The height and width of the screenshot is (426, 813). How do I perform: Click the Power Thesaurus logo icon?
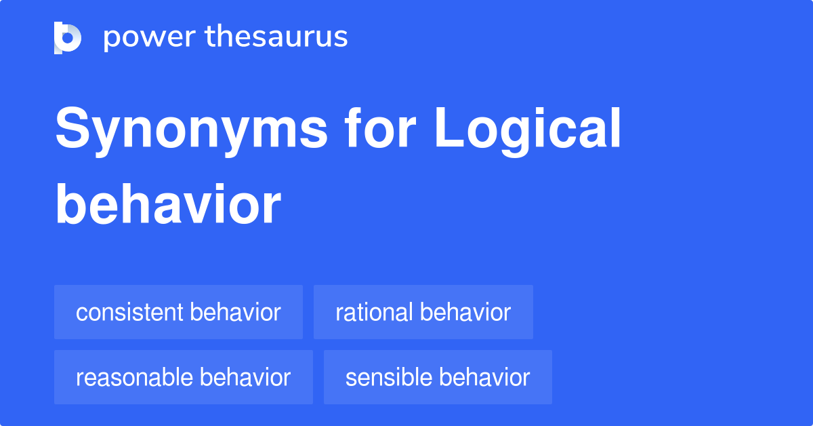pyautogui.click(x=68, y=37)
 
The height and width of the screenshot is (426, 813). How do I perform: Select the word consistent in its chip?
pyautogui.click(x=129, y=313)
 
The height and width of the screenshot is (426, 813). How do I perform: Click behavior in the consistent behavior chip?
pyautogui.click(x=235, y=313)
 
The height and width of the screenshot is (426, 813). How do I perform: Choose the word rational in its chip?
pyautogui.click(x=374, y=313)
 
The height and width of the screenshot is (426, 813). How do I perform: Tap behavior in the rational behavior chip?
pyautogui.click(x=465, y=313)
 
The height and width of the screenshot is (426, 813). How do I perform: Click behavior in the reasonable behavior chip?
pyautogui.click(x=245, y=378)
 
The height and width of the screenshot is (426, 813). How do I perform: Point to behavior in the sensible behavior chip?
pyautogui.click(x=484, y=378)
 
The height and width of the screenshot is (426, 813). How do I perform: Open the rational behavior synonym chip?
pyautogui.click(x=423, y=312)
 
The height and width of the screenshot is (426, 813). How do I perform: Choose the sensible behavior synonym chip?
pyautogui.click(x=438, y=377)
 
